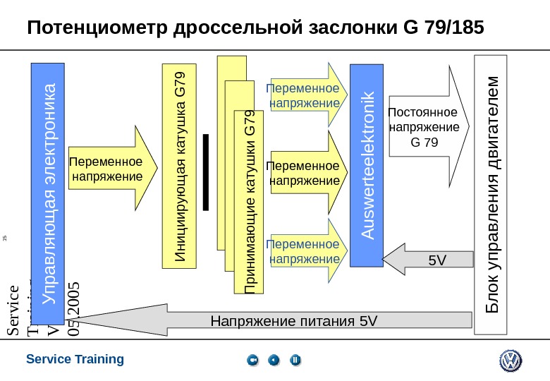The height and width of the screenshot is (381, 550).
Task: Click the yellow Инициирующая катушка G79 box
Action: pos(179,167)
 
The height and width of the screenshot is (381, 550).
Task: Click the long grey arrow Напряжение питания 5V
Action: pos(282,322)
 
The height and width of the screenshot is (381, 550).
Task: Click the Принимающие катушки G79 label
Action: pos(250,202)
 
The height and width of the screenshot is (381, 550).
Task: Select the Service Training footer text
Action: pos(75,359)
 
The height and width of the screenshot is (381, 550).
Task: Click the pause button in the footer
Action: pos(295,361)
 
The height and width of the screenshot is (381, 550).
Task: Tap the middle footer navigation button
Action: pos(274,361)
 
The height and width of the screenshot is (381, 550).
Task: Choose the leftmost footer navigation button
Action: pos(253,361)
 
